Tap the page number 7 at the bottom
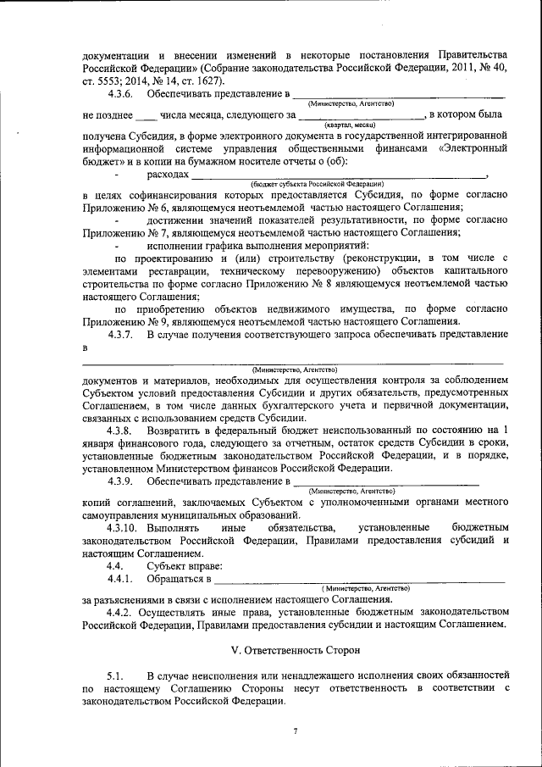(x=295, y=731)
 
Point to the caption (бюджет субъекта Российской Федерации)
(x=317, y=183)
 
